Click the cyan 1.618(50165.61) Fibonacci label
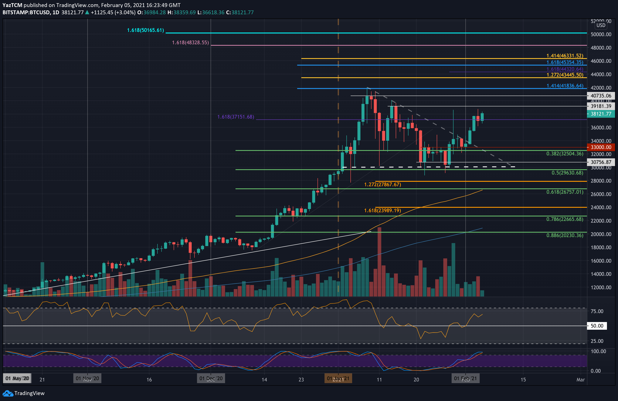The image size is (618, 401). point(145,30)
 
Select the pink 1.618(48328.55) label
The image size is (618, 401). point(190,42)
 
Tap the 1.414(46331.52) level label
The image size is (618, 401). point(564,56)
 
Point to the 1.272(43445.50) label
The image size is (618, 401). point(564,75)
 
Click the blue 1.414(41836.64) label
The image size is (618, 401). point(564,86)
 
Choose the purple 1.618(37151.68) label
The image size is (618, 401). point(235,117)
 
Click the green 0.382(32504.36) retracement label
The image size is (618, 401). point(564,153)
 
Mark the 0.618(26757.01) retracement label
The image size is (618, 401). point(564,192)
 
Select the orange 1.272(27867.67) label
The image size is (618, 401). point(382,184)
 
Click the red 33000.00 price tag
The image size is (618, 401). point(601,147)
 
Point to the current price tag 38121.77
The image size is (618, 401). point(601,114)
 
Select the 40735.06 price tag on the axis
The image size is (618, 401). point(601,96)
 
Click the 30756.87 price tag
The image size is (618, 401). point(601,162)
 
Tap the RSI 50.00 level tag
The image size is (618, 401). point(597,326)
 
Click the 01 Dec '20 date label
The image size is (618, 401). point(211,378)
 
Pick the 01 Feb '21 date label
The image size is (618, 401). point(465,378)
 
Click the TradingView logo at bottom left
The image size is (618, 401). point(24,393)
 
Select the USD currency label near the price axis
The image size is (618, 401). point(601,25)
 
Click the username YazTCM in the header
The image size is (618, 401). point(12,5)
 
